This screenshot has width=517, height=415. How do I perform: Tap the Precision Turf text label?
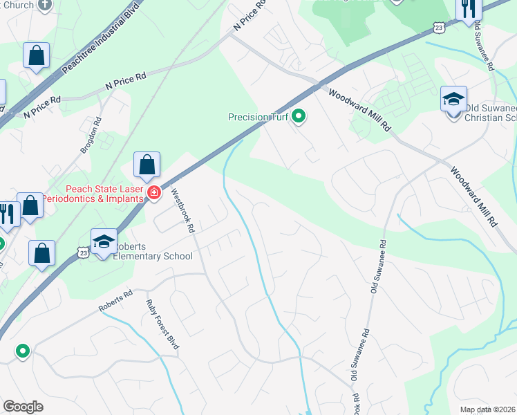click(258, 117)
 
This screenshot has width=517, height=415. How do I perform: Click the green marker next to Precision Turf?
click(299, 117)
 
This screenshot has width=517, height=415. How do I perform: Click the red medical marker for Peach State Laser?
click(156, 192)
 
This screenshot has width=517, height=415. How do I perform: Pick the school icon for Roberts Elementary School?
click(104, 241)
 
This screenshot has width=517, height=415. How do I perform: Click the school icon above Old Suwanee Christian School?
click(454, 98)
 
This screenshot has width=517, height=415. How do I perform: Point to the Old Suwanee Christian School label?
click(491, 113)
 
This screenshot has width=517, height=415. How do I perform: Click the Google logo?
click(23, 407)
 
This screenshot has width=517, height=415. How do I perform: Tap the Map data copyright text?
click(488, 409)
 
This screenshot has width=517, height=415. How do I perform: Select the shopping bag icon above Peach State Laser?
click(147, 165)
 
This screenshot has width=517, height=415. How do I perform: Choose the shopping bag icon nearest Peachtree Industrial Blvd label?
click(36, 55)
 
